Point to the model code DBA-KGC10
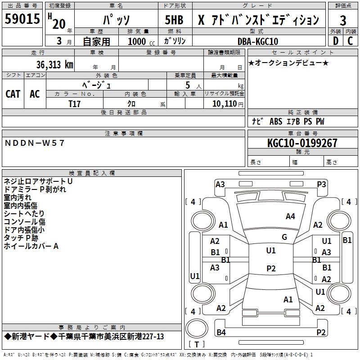click(257, 41)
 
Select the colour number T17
click(75, 104)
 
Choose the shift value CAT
click(13, 94)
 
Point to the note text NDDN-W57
click(35, 143)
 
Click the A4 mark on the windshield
click(290, 216)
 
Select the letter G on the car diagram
click(284, 237)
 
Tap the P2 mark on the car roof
click(271, 268)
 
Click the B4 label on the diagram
click(221, 332)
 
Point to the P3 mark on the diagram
click(321, 184)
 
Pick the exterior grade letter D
click(335, 41)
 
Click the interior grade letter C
click(350, 41)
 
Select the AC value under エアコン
click(35, 94)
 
